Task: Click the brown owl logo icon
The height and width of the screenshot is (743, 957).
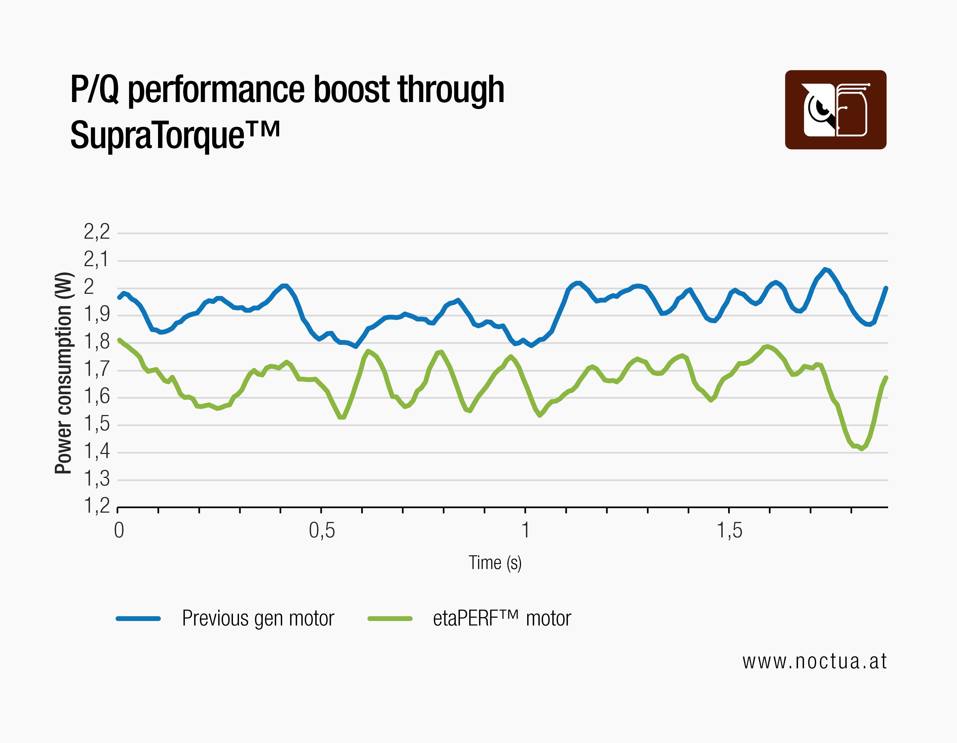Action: pyautogui.click(x=835, y=110)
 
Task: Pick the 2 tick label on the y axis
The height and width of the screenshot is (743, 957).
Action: pyautogui.click(x=90, y=287)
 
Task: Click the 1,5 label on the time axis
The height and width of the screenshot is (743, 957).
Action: pyautogui.click(x=729, y=531)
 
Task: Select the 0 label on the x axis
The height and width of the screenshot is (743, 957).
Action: pyautogui.click(x=119, y=531)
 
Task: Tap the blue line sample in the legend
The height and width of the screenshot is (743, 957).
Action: pyautogui.click(x=138, y=619)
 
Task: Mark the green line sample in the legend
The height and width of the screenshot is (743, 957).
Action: pyautogui.click(x=390, y=619)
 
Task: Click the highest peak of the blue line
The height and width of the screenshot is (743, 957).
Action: pyautogui.click(x=825, y=269)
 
